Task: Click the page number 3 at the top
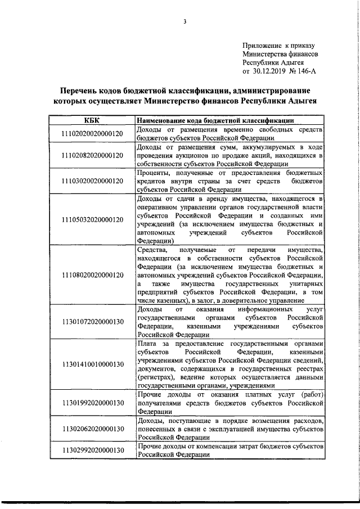point(184,22)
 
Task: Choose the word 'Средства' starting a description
point(152,249)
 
